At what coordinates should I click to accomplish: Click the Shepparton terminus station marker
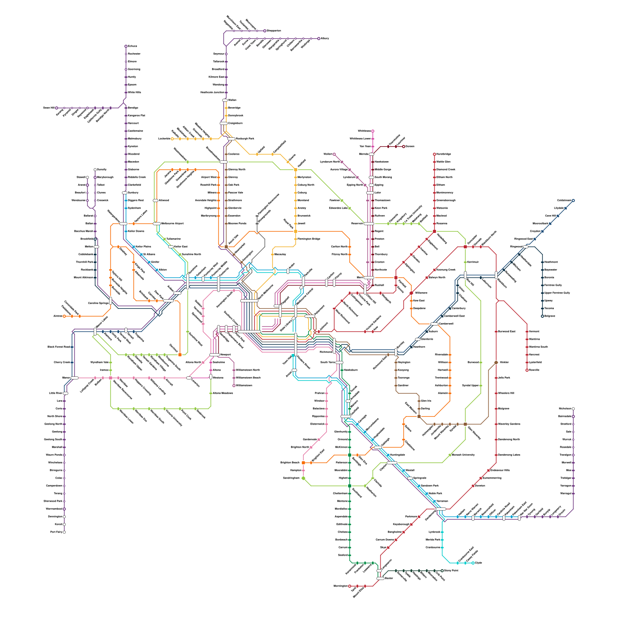pos(265,31)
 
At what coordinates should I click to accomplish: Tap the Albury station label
pos(325,39)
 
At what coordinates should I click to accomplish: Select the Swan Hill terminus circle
pos(57,108)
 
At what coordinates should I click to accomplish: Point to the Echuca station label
pos(132,46)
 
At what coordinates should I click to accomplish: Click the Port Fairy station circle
pos(64,532)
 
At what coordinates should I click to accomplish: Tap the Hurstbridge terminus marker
pos(435,154)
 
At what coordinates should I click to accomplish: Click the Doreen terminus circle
pos(404,147)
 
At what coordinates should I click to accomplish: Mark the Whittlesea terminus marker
pos(373,131)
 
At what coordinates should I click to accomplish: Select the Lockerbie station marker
pos(172,139)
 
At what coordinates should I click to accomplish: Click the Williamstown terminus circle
pos(234,385)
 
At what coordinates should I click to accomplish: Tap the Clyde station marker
pos(473,563)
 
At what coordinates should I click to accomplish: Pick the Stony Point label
pos(451,571)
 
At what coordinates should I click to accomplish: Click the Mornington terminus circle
pos(350,586)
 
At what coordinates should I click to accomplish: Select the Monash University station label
pos(463,455)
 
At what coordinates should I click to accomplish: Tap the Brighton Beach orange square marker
pos(303,463)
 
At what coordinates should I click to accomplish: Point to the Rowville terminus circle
pos(527,370)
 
